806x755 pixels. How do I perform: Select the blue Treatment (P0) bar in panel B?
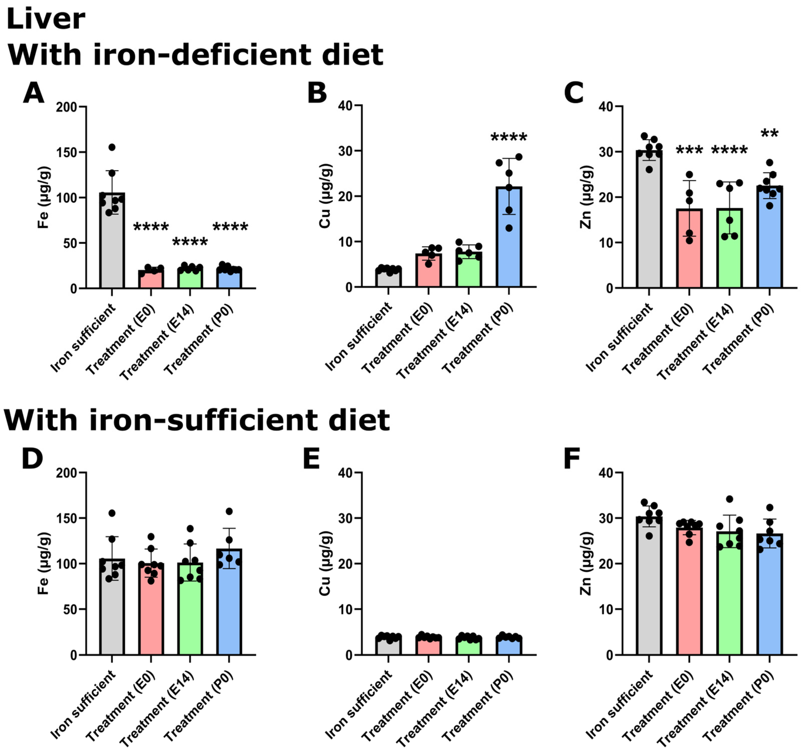click(509, 239)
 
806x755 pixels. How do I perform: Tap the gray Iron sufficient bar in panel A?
click(112, 243)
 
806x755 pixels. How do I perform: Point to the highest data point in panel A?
click(112, 147)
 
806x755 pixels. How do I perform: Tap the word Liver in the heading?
click(45, 19)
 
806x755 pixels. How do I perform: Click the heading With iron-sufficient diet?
click(197, 420)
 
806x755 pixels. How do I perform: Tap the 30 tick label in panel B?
click(345, 151)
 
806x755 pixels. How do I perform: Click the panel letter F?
click(572, 458)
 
